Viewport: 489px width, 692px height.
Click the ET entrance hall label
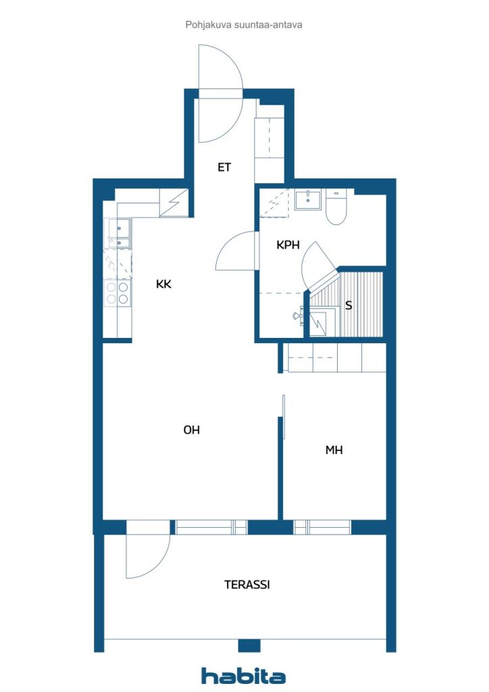224,168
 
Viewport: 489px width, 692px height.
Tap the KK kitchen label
163,284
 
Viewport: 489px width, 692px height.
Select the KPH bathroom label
288,245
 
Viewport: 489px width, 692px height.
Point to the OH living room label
191,429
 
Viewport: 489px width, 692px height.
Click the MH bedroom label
334,449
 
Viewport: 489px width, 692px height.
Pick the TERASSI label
247,585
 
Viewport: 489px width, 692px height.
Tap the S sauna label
349,305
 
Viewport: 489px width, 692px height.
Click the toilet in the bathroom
336,207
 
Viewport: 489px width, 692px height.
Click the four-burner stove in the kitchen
118,293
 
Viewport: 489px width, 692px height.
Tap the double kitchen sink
120,233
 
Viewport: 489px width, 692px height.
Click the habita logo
243,676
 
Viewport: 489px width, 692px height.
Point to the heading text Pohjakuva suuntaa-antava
244,25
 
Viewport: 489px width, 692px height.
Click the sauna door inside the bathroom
318,265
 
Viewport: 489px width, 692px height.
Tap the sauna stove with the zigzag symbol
322,324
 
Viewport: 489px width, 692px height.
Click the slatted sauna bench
361,305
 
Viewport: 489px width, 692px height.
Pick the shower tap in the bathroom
299,315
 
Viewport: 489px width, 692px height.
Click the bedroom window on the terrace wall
322,527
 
